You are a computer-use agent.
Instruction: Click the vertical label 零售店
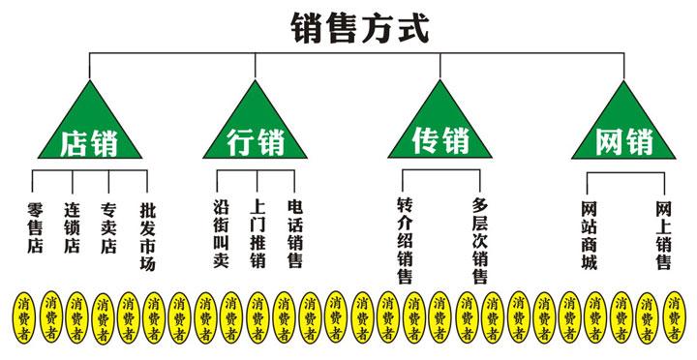[x=35, y=226]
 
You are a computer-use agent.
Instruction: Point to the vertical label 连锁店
[x=72, y=226]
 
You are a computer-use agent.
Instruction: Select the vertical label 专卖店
[x=108, y=226]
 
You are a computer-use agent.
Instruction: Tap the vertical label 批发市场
[x=147, y=235]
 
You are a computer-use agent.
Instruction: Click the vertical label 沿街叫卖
[x=220, y=235]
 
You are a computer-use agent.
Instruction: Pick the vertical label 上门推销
[x=257, y=235]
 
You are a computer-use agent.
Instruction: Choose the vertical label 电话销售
[x=295, y=235]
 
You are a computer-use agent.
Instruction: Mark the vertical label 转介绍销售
[x=406, y=242]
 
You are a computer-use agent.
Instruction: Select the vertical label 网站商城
[x=589, y=235]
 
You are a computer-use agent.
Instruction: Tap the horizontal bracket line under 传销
[x=440, y=169]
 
